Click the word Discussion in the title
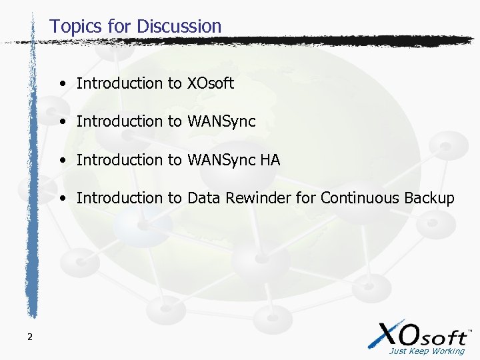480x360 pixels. point(179,27)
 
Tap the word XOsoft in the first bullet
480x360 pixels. point(211,83)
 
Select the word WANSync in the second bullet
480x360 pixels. point(221,122)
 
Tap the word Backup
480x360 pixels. point(429,199)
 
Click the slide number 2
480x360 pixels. point(29,337)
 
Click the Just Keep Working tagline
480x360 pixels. point(427,351)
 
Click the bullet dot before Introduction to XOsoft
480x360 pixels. point(61,84)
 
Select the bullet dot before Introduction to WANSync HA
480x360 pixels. point(61,161)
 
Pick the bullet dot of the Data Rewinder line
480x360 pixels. point(61,199)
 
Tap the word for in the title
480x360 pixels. point(122,27)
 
